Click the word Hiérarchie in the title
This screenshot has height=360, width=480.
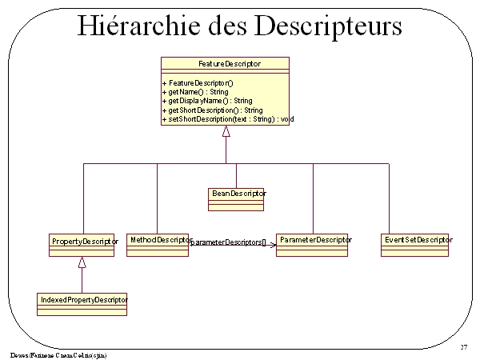141,26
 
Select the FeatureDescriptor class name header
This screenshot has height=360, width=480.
229,63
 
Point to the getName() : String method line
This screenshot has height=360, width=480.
194,92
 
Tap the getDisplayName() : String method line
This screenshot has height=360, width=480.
207,101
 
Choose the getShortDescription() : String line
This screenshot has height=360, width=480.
212,110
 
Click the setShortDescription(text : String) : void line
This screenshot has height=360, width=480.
228,118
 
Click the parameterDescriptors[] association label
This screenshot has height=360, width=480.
228,242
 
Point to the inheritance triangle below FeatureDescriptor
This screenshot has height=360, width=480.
226,130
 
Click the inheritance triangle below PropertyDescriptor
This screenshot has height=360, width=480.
82,262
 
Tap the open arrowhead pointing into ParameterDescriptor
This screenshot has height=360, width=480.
273,243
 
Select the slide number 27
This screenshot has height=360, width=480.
464,347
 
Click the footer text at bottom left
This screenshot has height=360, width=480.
58,354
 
